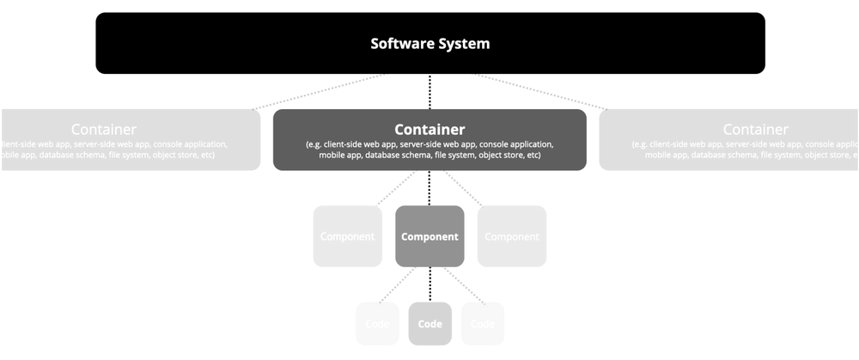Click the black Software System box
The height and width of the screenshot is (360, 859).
click(429, 43)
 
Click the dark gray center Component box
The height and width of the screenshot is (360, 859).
click(429, 236)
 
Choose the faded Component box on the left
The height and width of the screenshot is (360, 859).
click(347, 236)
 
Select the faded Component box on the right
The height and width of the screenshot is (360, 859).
click(512, 236)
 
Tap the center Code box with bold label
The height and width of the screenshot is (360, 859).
click(429, 324)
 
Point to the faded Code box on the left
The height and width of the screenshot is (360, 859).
click(377, 324)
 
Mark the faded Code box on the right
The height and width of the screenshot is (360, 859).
click(483, 324)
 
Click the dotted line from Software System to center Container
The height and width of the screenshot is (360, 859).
click(429, 91)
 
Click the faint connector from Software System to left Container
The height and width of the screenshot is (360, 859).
click(318, 91)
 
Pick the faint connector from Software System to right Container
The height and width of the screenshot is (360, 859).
click(541, 91)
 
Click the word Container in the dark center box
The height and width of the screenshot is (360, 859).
click(429, 130)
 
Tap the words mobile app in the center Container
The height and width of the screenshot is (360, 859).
click(338, 156)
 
